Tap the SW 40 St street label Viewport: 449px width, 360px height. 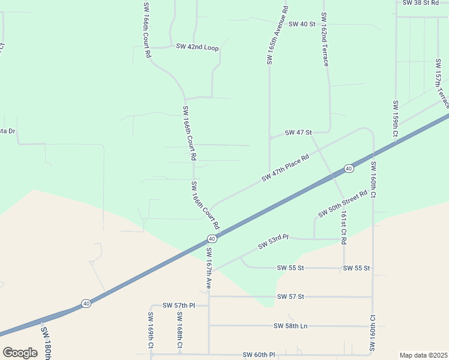pos(302,24)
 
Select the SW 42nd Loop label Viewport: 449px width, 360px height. pos(197,46)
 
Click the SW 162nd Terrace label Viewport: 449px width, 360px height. pos(324,39)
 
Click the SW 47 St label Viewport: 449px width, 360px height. pos(298,132)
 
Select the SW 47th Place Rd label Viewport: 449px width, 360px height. pos(285,168)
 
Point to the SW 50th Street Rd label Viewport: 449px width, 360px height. pos(342,205)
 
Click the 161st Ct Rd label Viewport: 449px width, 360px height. pos(343,227)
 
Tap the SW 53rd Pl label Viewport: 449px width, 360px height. pos(274,242)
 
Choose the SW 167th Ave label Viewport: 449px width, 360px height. pos(209,268)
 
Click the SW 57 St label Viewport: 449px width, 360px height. pos(292,297)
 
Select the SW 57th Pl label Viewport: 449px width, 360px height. pos(179,305)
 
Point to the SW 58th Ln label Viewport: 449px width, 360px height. pos(291,326)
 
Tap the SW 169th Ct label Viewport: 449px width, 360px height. pos(151,330)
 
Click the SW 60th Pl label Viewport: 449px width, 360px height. pos(259,355)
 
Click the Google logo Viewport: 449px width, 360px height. pos(20,353)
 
